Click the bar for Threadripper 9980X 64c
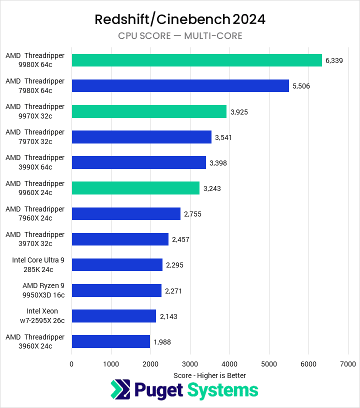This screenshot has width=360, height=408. coord(196,60)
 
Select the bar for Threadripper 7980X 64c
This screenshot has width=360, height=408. coord(180,85)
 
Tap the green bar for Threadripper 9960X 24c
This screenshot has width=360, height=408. coord(135,188)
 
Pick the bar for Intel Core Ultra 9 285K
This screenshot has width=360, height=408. coord(117,264)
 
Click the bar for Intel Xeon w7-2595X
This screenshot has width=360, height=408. coord(114,316)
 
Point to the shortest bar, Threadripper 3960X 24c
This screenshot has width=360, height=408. coord(111,341)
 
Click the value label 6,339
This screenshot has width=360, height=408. coord(334,60)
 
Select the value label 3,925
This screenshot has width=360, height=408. coord(238,111)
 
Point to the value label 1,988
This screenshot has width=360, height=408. coord(162,342)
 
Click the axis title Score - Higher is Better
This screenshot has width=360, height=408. coord(209,375)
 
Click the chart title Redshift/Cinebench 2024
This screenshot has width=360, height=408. coord(180,19)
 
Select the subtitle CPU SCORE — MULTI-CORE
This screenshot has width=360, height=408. coord(180,35)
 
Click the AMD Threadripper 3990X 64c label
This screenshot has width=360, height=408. coord(35,162)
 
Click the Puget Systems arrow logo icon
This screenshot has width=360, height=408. coord(120,390)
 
